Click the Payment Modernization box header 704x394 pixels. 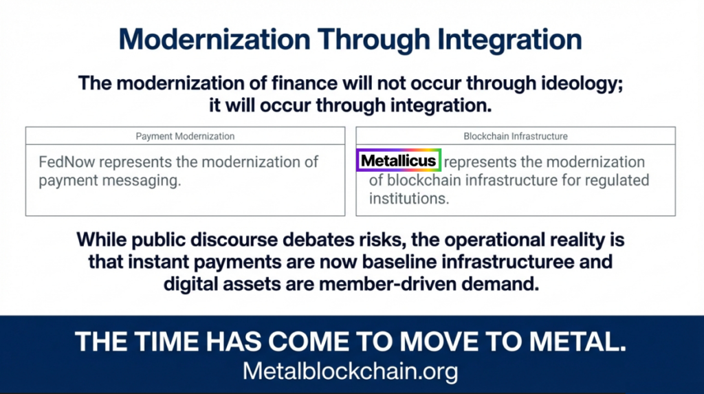tap(185, 136)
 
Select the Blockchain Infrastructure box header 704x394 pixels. tap(515, 136)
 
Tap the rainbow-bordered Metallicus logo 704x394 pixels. tap(398, 161)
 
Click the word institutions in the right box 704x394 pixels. tap(408, 199)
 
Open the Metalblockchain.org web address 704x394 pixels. tap(350, 372)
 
